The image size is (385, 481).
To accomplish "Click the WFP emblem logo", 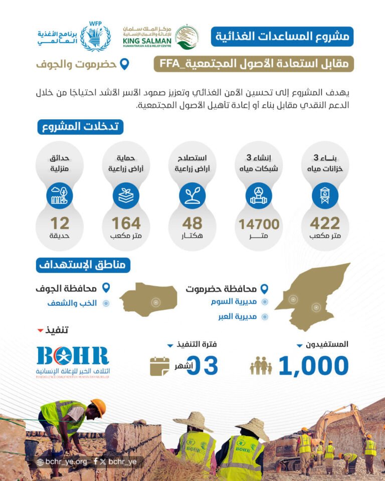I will pos(95,37).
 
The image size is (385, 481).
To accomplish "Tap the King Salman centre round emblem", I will pos(186,37).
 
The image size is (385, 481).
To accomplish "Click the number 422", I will pos(324,223).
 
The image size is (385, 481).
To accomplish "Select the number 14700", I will pos(259,223).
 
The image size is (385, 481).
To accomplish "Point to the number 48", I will pos(192,222).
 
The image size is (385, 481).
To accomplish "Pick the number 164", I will pos(126,222).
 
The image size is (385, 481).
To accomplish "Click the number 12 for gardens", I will pos(60,222).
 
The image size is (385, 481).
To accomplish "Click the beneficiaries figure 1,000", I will pos(313,366).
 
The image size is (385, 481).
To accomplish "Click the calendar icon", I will pos(159,366).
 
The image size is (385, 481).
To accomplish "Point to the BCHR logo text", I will pos(73,356).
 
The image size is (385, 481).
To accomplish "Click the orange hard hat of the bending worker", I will pos(99,407).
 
